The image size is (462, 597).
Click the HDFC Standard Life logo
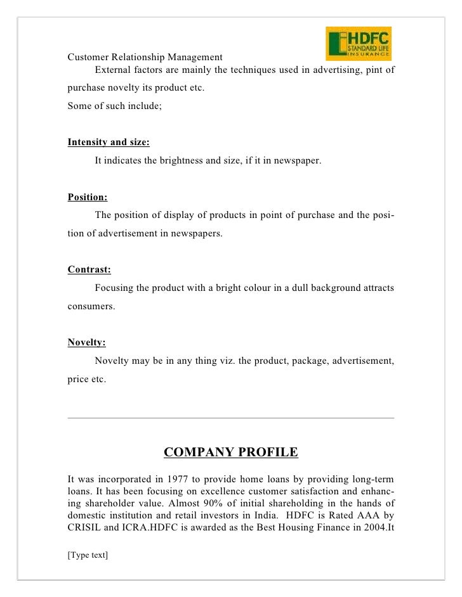(x=358, y=44)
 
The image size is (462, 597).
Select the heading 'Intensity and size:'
(x=109, y=143)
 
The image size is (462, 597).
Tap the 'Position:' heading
(x=88, y=197)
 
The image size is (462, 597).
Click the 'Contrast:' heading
(x=89, y=270)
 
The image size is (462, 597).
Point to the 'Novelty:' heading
(x=86, y=343)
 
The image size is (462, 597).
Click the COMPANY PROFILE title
(x=230, y=453)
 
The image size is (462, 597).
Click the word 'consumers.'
(x=91, y=307)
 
